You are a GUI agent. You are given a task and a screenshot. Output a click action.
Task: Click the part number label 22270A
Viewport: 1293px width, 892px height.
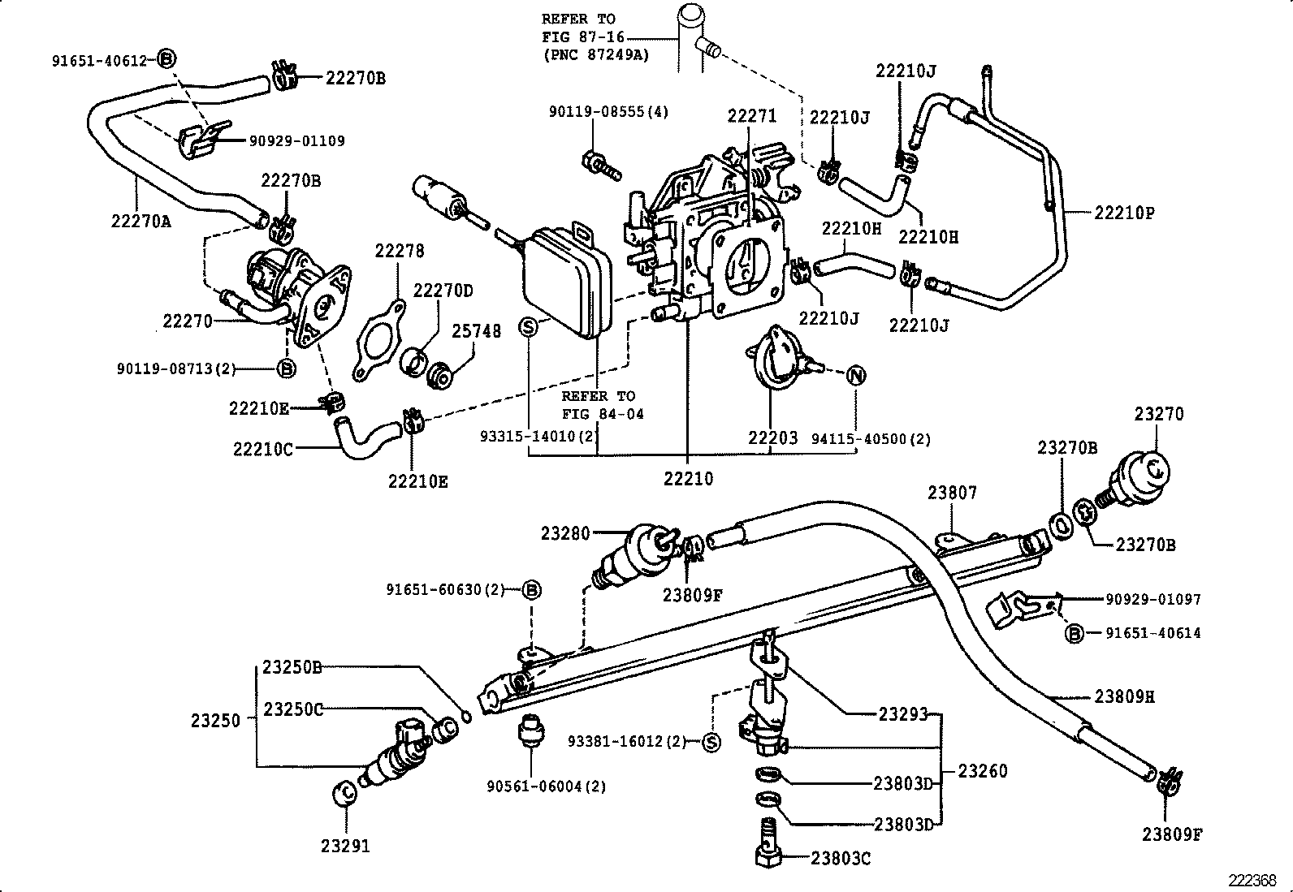(141, 220)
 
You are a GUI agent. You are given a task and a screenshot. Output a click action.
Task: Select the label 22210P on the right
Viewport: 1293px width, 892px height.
(1124, 213)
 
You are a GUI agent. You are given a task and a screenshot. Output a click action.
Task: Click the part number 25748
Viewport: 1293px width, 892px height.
(477, 331)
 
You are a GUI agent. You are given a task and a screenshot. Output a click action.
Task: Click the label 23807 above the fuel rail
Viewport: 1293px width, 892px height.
(953, 493)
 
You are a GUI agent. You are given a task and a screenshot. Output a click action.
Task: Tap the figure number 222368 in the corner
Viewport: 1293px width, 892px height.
(1253, 880)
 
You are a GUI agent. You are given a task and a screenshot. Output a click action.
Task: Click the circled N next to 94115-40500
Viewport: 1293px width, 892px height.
(855, 376)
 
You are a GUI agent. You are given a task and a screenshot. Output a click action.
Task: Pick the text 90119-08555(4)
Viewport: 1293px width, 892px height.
(608, 112)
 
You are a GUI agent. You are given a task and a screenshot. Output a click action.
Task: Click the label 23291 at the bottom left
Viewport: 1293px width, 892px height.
(345, 846)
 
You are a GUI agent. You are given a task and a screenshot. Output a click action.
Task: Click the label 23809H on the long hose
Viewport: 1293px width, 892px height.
(1124, 696)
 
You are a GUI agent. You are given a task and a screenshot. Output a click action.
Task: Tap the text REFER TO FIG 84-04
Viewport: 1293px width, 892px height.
(602, 405)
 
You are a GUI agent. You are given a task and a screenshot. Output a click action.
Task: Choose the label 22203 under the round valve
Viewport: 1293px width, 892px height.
(772, 438)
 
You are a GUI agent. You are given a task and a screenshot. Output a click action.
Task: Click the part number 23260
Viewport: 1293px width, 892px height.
(982, 770)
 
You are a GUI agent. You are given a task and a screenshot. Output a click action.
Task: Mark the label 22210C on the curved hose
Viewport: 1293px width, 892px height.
(262, 449)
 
